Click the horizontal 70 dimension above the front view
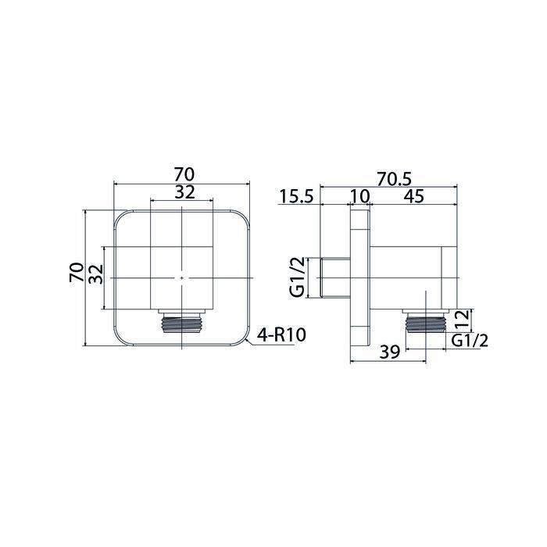pyautogui.click(x=183, y=173)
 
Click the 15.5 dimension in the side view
pyautogui.click(x=297, y=197)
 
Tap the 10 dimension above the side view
pyautogui.click(x=359, y=197)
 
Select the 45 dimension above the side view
pyautogui.click(x=414, y=197)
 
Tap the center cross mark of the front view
pyautogui.click(x=182, y=277)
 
